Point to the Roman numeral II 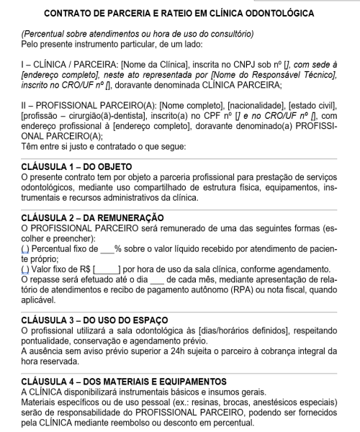tap(26, 103)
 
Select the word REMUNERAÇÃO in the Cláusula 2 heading tap(126, 217)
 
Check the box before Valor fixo tap(26, 269)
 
